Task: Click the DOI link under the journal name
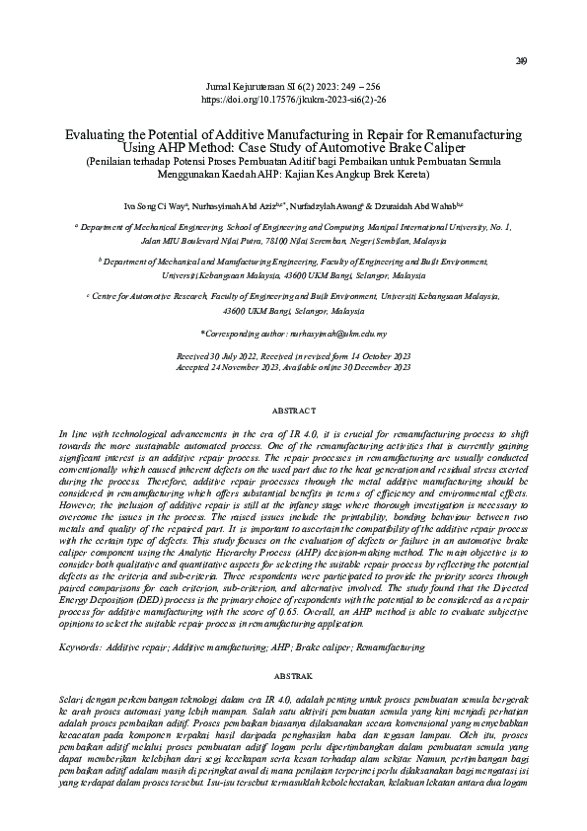(293, 100)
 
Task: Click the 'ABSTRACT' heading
(293, 409)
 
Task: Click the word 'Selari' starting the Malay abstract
(74, 700)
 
